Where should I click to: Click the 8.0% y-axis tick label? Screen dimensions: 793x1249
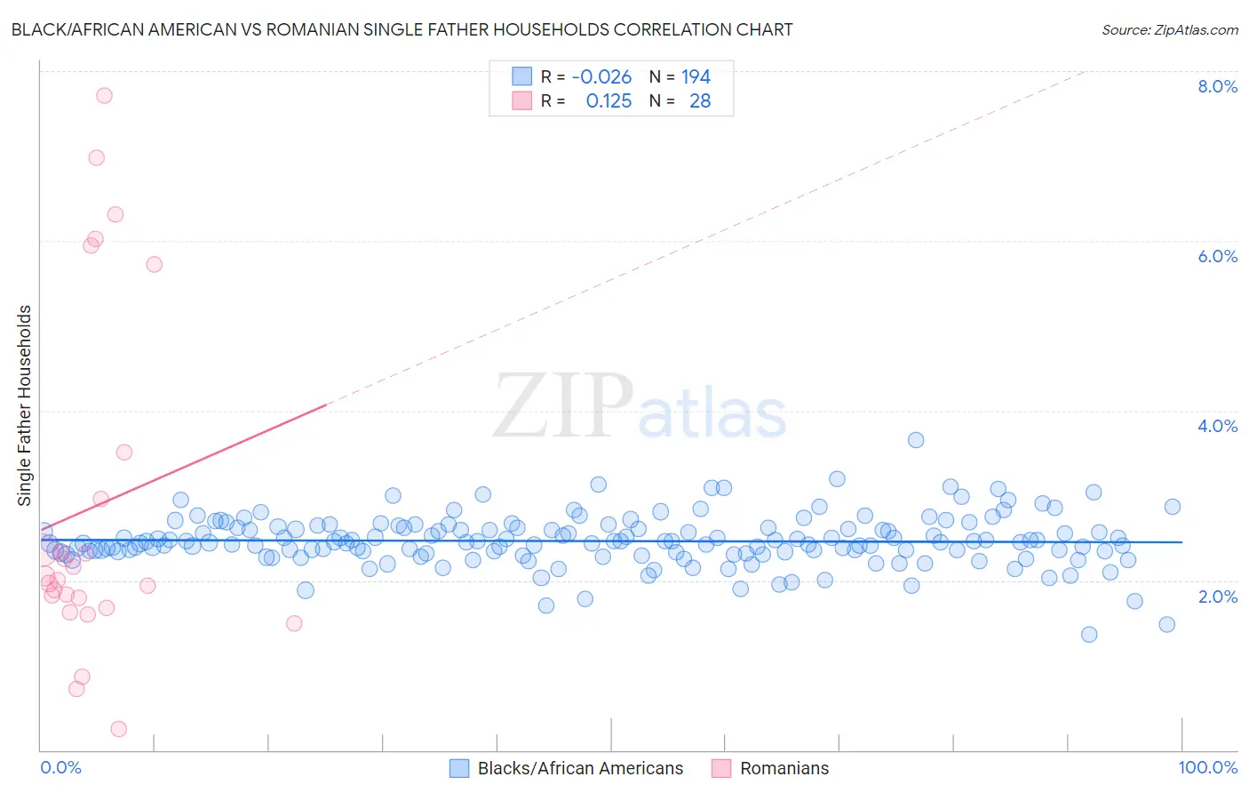[x=1217, y=86]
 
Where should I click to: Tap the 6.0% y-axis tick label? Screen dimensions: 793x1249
[x=1217, y=256]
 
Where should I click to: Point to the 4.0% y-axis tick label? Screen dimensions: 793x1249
[x=1217, y=426]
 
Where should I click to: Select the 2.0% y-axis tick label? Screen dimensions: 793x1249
[x=1217, y=596]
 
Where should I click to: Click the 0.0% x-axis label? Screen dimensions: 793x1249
[x=60, y=767]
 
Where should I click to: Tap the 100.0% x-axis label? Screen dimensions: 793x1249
[x=1207, y=767]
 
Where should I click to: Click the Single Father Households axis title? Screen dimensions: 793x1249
[x=25, y=405]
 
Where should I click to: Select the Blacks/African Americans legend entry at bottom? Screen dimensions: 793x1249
[x=580, y=768]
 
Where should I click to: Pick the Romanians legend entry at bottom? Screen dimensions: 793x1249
[x=784, y=768]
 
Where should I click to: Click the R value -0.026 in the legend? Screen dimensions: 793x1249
[x=601, y=77]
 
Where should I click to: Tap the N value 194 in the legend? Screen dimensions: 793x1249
[x=696, y=77]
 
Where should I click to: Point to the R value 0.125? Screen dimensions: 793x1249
[x=609, y=101]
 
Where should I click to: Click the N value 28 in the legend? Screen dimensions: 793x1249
[x=700, y=101]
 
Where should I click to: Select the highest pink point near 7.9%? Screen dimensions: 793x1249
[x=104, y=95]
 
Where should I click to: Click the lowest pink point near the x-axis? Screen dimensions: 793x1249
[x=118, y=729]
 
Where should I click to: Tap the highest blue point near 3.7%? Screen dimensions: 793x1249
[x=916, y=440]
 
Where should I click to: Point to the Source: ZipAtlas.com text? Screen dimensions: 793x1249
[x=1169, y=29]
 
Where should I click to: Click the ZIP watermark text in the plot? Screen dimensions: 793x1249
[x=563, y=406]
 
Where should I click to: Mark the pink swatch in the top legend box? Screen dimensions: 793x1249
[x=521, y=101]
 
